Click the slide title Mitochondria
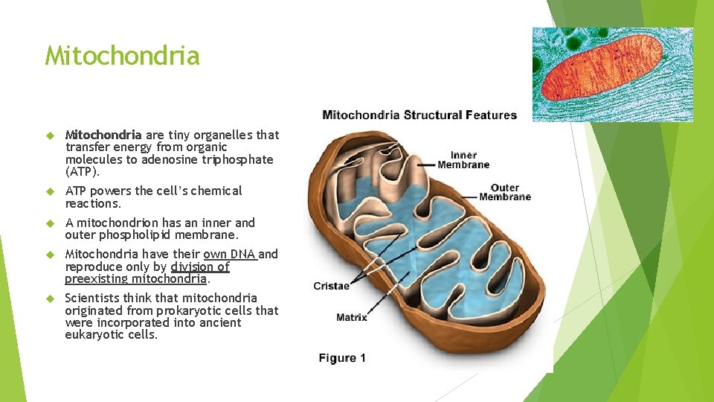point(122,56)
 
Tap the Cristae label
point(331,286)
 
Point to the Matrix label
point(351,317)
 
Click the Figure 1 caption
point(342,358)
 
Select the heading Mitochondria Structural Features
point(419,115)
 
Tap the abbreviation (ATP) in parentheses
point(83,172)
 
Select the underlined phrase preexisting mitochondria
point(136,279)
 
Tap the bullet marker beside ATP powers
point(51,191)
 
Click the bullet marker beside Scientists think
point(51,299)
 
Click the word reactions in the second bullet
point(92,203)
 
